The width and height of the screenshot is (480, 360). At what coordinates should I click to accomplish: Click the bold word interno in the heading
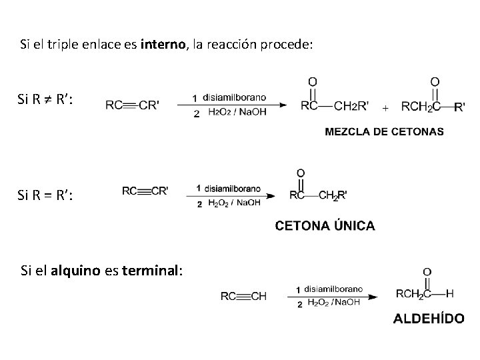click(164, 45)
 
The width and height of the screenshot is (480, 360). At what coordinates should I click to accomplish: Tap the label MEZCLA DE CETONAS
click(384, 131)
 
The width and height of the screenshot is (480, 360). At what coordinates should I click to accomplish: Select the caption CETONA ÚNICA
click(325, 226)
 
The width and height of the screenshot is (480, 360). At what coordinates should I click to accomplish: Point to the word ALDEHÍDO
click(429, 318)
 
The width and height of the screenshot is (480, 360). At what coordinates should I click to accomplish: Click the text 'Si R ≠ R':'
click(47, 101)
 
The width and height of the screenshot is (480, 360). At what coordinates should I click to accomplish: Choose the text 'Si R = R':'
click(47, 196)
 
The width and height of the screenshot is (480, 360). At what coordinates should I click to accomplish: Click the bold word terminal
click(151, 270)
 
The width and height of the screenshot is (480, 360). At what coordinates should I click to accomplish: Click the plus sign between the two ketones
click(386, 107)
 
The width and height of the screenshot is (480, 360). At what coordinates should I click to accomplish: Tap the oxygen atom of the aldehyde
click(427, 272)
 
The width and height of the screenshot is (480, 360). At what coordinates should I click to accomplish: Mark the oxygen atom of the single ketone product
click(301, 173)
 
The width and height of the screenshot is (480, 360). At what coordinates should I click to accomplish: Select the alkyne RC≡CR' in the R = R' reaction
click(145, 191)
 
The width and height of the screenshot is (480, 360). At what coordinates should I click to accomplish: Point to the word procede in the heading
click(283, 45)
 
